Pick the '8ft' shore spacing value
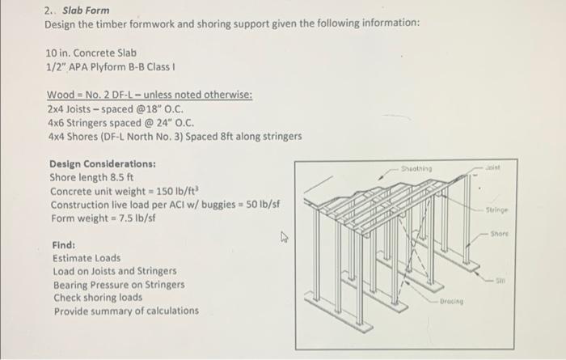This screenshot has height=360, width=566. pos(239,135)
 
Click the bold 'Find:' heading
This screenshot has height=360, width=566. pos(64,244)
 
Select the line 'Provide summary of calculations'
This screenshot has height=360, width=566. pos(125,311)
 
